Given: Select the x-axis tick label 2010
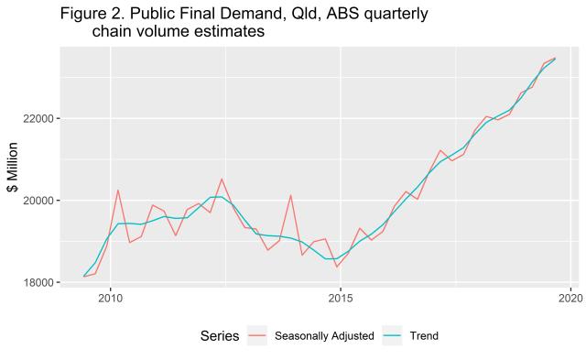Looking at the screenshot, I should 111,298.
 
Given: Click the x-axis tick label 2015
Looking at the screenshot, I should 341,298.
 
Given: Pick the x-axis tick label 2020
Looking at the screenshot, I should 570,298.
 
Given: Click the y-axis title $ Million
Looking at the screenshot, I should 14,167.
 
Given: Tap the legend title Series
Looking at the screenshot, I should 219,336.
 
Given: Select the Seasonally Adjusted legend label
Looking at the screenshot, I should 324,336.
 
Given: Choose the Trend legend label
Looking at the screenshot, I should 425,336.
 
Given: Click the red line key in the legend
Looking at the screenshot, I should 257,336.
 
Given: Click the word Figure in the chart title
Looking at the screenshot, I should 85,15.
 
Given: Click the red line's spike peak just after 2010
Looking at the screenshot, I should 118,190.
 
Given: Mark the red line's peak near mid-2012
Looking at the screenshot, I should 222,179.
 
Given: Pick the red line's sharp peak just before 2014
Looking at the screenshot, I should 290,194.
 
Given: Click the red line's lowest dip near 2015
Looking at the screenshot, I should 337,267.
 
